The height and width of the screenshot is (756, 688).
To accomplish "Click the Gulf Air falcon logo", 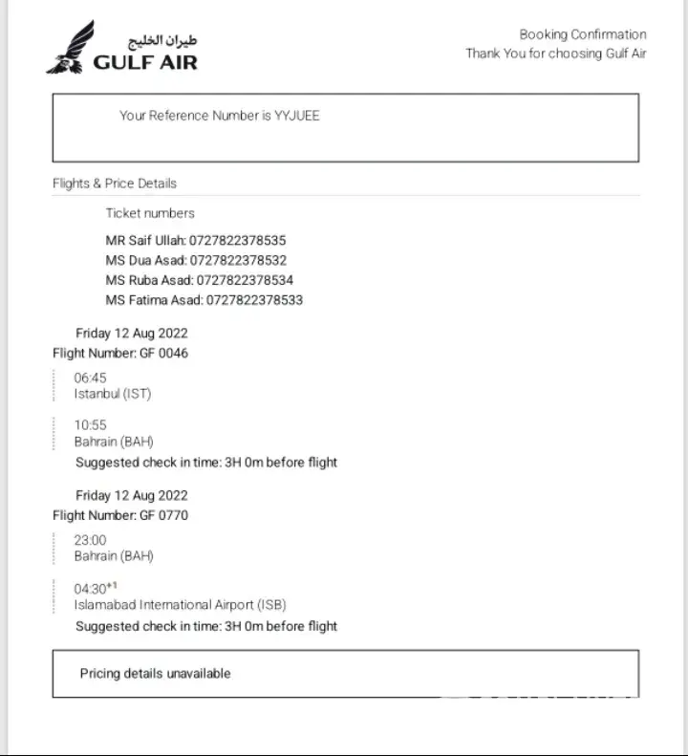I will click(71, 49).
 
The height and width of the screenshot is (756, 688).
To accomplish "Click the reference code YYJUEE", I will click(297, 116).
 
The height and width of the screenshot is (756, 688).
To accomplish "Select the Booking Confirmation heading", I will click(583, 34).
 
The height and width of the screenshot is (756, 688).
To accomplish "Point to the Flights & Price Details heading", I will click(115, 184).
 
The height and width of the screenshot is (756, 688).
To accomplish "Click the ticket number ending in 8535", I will click(238, 240).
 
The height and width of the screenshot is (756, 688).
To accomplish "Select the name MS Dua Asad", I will click(145, 260).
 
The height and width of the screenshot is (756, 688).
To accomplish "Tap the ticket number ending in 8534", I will click(245, 280).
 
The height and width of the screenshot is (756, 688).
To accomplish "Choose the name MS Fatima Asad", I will click(153, 300).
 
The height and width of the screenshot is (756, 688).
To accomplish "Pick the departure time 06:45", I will click(91, 378).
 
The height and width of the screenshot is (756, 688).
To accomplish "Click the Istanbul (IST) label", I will click(113, 393).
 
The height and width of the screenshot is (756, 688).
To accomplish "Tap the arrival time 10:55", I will click(91, 425).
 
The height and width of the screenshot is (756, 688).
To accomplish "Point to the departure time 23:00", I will click(91, 540).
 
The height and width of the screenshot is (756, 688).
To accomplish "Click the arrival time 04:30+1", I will click(95, 589).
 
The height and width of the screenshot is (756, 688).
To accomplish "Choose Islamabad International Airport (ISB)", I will click(180, 604).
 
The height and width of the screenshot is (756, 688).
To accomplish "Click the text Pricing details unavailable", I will click(155, 674).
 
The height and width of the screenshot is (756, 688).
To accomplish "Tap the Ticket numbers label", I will click(150, 213).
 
